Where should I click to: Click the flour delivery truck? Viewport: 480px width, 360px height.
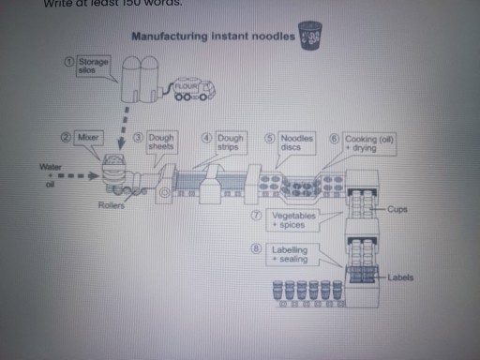coord(192,90)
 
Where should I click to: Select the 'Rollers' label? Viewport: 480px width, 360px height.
coord(111,203)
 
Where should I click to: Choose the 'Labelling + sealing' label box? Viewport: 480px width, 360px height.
coord(294,255)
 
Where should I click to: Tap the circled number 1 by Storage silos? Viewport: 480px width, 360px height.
coord(67,60)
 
